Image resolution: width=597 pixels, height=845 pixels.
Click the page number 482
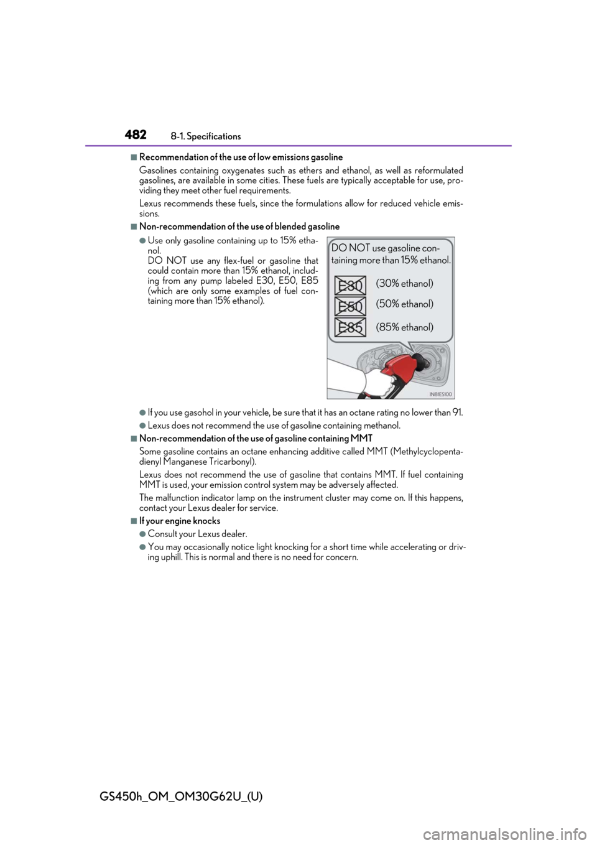tap(135, 135)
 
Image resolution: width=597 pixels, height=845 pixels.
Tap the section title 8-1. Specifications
tap(205, 136)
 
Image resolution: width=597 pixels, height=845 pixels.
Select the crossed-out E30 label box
tap(350, 286)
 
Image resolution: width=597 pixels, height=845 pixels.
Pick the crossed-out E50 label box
tap(350, 306)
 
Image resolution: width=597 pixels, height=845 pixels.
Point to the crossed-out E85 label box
tap(350, 327)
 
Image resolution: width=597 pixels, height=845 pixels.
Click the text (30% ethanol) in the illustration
tap(404, 284)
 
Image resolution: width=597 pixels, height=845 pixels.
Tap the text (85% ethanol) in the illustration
tap(404, 327)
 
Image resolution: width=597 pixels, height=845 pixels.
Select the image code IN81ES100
tap(441, 394)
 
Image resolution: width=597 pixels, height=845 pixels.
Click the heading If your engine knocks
tap(180, 521)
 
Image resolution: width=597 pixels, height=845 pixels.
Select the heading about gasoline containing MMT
tap(256, 439)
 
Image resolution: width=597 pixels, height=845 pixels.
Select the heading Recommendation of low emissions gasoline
tap(241, 157)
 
